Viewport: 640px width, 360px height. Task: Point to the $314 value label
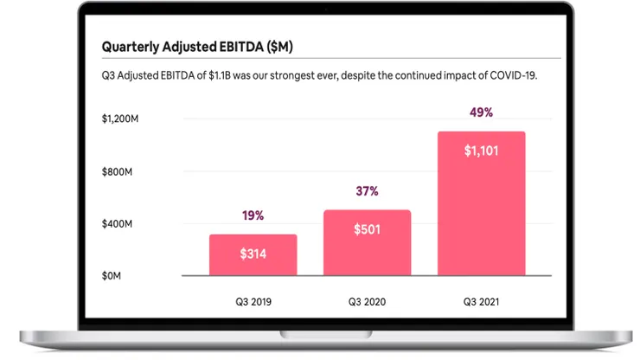coord(253,255)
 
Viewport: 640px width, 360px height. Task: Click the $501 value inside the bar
coord(367,230)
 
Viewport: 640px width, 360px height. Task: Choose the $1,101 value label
coord(481,151)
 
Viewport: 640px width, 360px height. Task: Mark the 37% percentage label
coord(367,191)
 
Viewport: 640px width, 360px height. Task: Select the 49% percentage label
coord(481,112)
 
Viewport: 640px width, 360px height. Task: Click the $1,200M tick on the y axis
coord(119,119)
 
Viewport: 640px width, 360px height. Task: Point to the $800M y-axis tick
coord(117,171)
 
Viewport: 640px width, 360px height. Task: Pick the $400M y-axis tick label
coord(117,223)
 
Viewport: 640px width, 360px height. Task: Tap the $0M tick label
coord(112,275)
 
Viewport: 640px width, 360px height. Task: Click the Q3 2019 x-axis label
coord(253,302)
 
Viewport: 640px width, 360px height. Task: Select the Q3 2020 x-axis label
coord(367,302)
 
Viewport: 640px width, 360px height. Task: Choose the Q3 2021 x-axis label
coord(481,302)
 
